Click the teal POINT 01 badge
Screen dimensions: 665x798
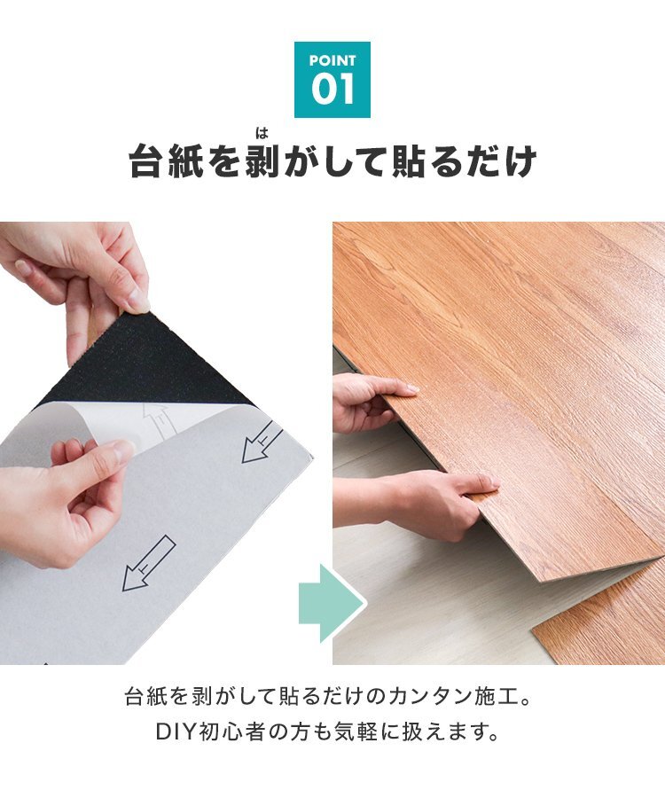(x=332, y=80)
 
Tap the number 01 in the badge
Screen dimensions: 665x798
(x=332, y=89)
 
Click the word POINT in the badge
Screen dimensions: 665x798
(x=332, y=60)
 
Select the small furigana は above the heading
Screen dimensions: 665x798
(x=262, y=134)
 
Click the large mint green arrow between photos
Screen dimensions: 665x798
(x=332, y=603)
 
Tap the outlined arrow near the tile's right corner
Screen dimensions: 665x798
(x=262, y=442)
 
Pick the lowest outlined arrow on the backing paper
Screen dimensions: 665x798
(x=149, y=563)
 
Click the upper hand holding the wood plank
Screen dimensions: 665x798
(x=371, y=402)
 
